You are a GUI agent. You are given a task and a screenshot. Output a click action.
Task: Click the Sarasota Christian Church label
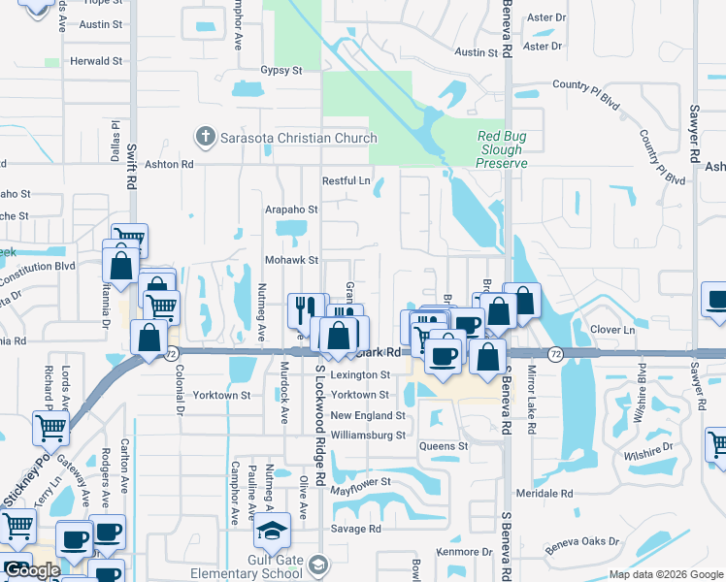coord(297,137)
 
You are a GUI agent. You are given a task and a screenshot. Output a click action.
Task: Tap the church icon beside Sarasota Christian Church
coord(204,137)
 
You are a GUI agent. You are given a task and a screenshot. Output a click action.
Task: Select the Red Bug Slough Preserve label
coord(501,150)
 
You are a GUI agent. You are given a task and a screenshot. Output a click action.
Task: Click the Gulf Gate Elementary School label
coord(247,572)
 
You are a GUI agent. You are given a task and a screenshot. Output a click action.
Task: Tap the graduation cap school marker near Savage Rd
coord(272,532)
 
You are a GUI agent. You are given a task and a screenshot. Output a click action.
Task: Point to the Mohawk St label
coord(292,260)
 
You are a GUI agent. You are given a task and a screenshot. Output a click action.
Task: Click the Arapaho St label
coord(292,209)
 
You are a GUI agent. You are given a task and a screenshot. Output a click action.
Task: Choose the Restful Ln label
coord(346,180)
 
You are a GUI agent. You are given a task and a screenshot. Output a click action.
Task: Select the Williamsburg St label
coord(367,436)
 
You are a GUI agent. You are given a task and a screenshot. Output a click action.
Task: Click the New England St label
coord(367,415)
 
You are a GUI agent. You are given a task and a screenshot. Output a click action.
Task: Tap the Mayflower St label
coord(359,481)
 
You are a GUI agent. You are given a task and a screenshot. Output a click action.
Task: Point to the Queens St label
coord(444,446)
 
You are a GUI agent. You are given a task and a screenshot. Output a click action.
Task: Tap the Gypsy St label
coord(281,71)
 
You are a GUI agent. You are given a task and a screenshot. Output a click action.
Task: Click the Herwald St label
coord(96,60)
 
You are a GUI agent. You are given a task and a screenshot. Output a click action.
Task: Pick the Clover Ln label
coord(611,330)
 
